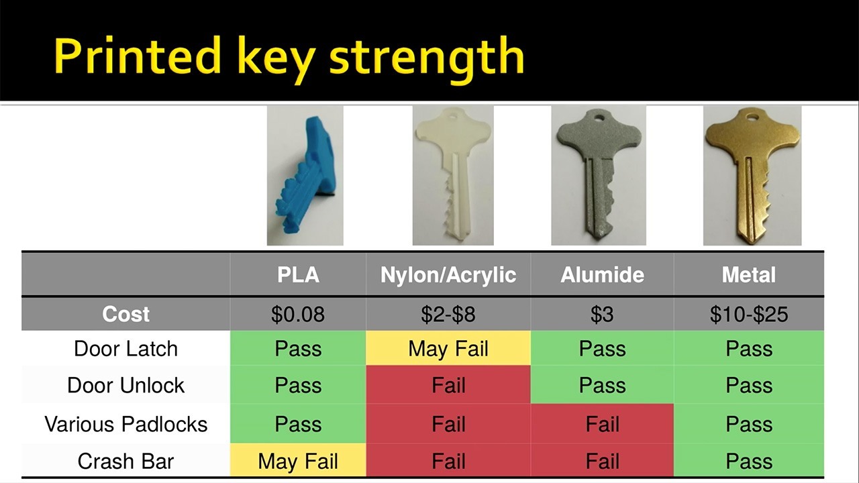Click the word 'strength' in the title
coord(426,58)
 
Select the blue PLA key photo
coord(305,176)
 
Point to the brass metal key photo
coord(752,176)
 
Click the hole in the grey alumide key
coord(599,117)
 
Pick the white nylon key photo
coord(453,176)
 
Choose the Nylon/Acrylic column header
coord(448,274)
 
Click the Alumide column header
coord(602,274)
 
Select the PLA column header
coord(298,274)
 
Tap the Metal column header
coord(748,274)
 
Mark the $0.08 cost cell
coord(298,314)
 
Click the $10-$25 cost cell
coord(748,314)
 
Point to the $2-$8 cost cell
coord(448,314)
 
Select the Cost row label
coord(125,314)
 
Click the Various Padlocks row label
coord(125,424)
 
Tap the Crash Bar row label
coord(125,461)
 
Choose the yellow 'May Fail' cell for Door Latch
coord(448,348)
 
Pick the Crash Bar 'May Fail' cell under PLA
coord(298,460)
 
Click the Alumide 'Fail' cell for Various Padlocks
coord(602,423)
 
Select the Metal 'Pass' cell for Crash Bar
coord(748,460)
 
